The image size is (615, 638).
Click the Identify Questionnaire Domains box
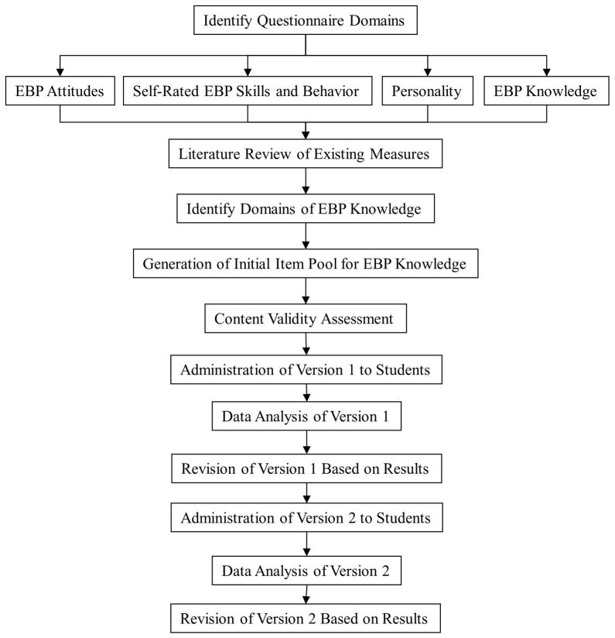[306, 20]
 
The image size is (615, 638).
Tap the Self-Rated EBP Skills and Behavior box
[248, 92]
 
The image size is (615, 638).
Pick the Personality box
[427, 92]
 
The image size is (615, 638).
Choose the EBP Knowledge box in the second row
[546, 92]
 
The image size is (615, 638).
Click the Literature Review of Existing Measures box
[306, 154]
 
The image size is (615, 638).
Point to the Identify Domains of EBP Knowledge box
[306, 209]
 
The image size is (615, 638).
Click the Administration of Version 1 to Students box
[306, 370]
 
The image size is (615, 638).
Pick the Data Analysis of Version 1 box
[306, 417]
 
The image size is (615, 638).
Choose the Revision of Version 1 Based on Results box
[306, 469]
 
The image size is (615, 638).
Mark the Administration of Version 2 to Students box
[306, 517]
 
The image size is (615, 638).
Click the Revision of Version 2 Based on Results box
[306, 619]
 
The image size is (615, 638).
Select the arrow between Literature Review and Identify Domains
[306, 181]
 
